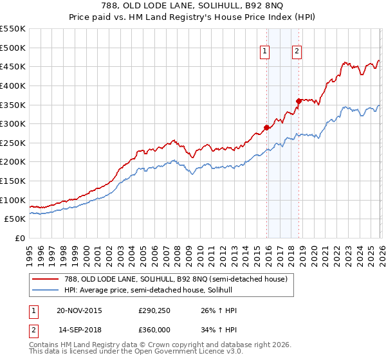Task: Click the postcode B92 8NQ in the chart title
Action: click(x=255, y=5)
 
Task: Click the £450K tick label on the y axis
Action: click(x=13, y=66)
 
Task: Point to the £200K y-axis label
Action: click(x=13, y=162)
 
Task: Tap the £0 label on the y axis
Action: click(x=21, y=239)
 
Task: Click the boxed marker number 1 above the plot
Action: click(x=266, y=53)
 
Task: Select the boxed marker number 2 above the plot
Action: click(x=297, y=53)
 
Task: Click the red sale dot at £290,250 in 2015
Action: click(x=266, y=127)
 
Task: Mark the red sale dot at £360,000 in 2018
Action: click(x=299, y=100)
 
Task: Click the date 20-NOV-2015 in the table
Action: click(x=79, y=310)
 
